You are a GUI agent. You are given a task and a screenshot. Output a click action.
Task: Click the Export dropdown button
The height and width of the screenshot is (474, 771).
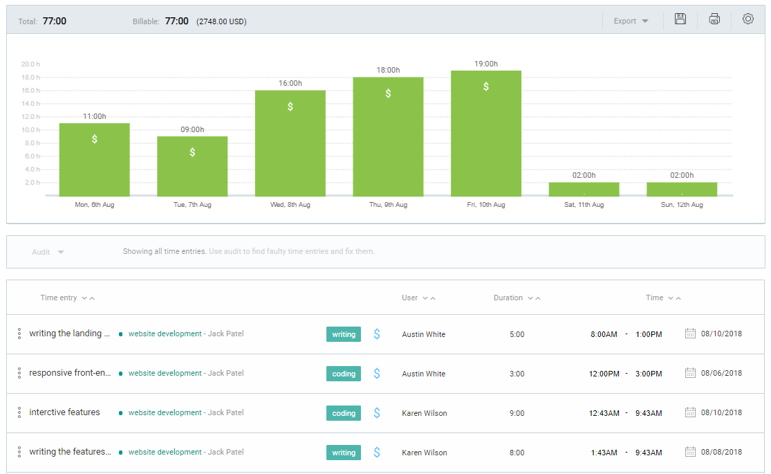[x=631, y=21]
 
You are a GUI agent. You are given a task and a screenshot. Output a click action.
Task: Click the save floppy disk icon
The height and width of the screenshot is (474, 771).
[x=680, y=19]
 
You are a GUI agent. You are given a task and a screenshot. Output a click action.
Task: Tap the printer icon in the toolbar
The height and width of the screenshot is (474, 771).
[x=714, y=19]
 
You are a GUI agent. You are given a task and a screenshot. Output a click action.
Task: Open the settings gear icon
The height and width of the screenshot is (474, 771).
[x=747, y=19]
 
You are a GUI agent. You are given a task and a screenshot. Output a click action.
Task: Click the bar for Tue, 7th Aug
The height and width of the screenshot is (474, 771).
[x=192, y=166]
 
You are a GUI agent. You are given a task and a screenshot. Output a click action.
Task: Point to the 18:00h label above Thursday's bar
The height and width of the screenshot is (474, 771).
[x=388, y=70]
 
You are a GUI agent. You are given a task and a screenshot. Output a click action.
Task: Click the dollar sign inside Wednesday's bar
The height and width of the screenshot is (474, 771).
[x=290, y=107]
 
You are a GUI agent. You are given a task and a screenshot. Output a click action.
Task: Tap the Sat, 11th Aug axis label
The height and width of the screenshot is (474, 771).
[x=584, y=205]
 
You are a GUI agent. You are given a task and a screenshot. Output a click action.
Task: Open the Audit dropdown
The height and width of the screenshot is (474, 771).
[x=48, y=252]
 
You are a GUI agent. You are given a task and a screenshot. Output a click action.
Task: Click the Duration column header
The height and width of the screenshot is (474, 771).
[x=508, y=298]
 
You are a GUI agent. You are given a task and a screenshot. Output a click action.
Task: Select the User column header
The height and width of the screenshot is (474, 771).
[x=410, y=298]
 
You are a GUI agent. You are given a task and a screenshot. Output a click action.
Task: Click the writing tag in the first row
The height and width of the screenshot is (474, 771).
[x=344, y=334]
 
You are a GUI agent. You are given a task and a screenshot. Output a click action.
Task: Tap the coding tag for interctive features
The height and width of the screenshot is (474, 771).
[x=344, y=413]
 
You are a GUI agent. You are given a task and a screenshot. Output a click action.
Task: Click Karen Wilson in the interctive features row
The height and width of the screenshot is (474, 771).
[x=425, y=413]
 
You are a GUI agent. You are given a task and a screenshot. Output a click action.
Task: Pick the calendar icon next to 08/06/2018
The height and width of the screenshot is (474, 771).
[x=690, y=373]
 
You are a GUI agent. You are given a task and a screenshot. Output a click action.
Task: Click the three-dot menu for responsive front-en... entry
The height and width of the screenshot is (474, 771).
[x=19, y=373]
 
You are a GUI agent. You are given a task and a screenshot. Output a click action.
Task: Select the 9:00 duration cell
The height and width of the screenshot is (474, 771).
[x=517, y=413]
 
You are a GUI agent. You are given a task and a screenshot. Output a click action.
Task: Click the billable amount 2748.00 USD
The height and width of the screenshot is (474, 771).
[x=221, y=21]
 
